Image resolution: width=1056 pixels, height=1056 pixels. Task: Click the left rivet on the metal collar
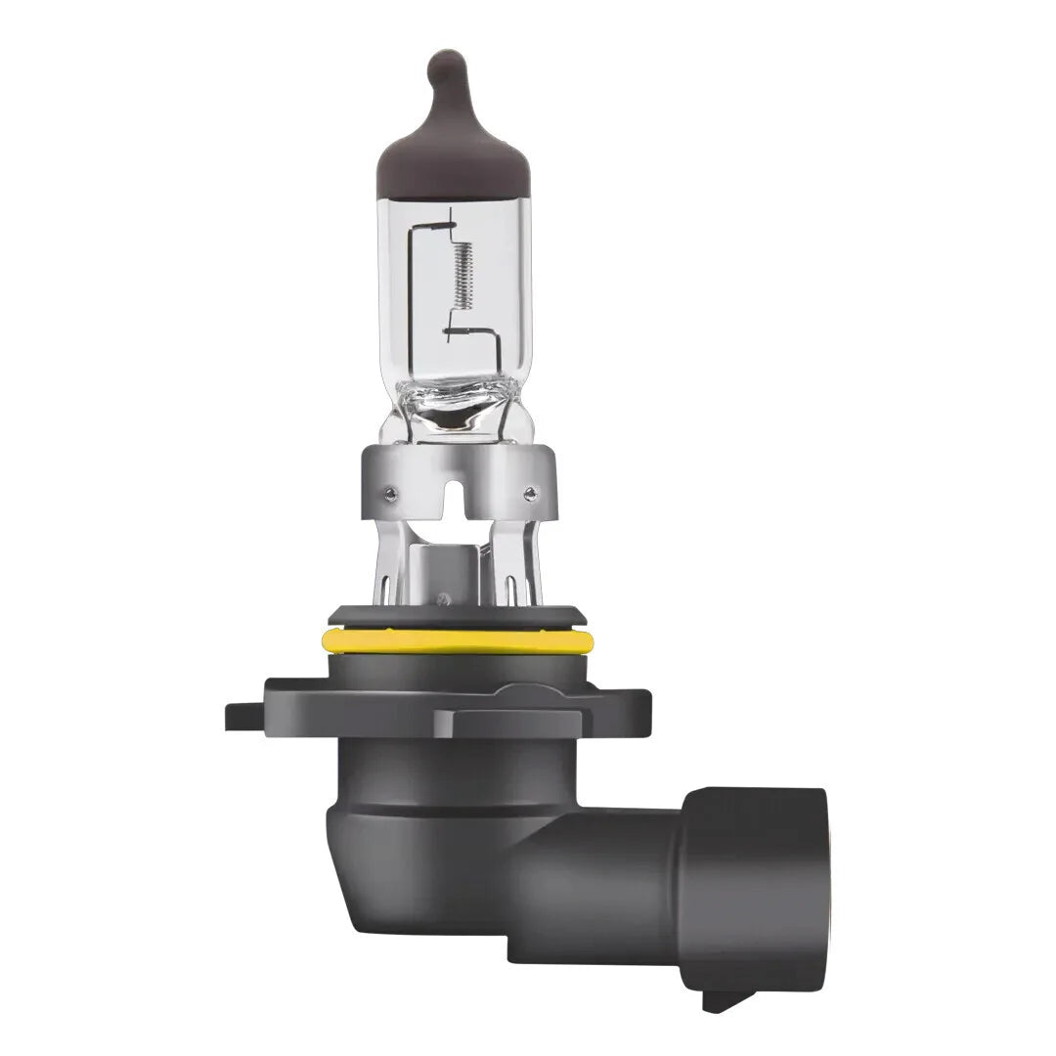(391, 492)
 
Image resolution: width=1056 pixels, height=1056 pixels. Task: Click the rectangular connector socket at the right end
(753, 880)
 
